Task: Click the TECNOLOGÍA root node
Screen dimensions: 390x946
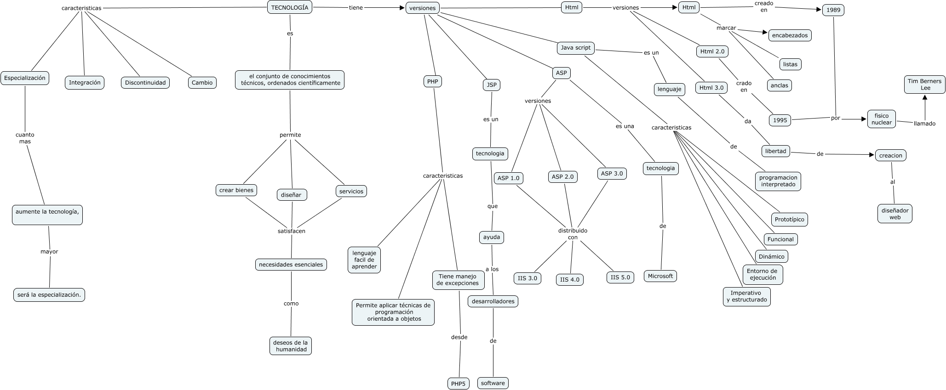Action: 290,7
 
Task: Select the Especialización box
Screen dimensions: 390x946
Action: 25,78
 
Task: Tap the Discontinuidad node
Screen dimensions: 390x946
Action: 145,83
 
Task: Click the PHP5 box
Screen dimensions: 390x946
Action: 458,384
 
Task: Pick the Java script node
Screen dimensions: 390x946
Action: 576,48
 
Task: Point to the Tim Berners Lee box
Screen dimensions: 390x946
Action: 924,85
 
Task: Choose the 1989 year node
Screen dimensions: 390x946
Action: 833,10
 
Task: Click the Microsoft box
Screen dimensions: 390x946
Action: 660,276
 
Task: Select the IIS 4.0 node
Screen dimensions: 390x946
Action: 570,280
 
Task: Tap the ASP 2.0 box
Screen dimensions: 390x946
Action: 563,177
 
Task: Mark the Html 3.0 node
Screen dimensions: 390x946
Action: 711,88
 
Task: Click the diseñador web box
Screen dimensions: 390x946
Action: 894,214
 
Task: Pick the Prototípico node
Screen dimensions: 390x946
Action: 789,220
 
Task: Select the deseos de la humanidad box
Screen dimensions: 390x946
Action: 291,346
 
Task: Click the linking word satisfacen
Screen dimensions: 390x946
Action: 292,231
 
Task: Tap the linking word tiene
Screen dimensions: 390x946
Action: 355,8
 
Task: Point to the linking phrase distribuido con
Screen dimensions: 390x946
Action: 573,234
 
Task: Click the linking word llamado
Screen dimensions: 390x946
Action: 924,124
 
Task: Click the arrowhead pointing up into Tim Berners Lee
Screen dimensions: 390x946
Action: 924,97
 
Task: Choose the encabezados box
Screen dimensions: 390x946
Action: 790,35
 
